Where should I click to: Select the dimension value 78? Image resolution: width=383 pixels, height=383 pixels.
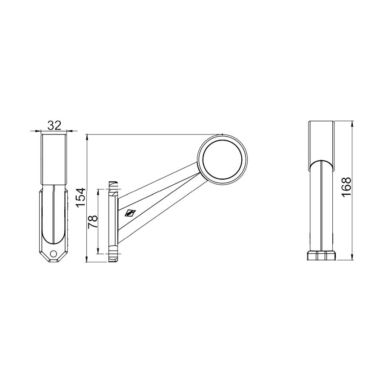click(93, 222)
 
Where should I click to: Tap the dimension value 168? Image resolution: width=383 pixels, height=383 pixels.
click(346, 187)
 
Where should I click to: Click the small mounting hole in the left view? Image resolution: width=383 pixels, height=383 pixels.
click(53, 254)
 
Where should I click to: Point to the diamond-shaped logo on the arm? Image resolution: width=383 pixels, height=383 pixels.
click(130, 213)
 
